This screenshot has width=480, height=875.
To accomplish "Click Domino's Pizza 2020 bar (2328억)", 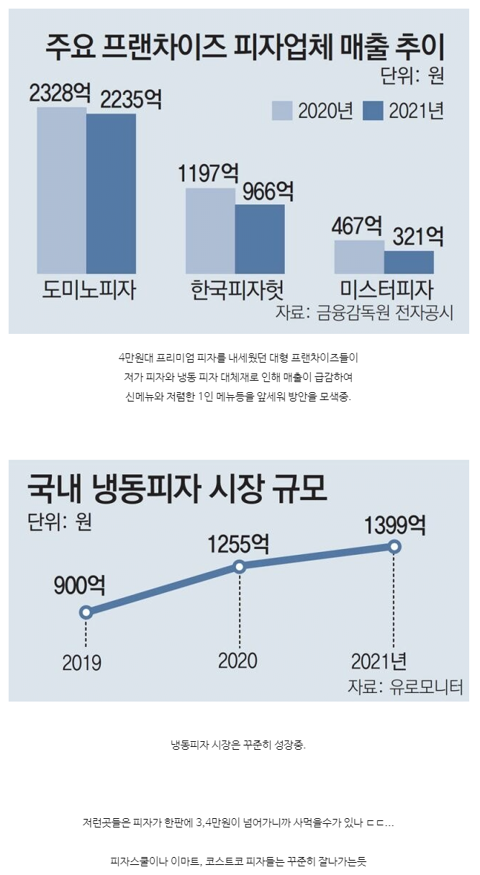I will coord(62,191).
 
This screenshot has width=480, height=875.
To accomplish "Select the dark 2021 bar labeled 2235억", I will coord(111,194).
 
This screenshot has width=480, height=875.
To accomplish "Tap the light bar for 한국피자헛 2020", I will coord(210,231).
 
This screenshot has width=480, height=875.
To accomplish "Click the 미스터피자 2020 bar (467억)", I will coord(359,257).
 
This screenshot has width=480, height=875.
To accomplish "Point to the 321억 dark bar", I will coord(409,262).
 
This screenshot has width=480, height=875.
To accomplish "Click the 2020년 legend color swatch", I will coord(281,110).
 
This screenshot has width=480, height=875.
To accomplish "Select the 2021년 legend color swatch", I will coord(373,110).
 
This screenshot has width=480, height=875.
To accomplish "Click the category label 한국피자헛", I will coord(237,291).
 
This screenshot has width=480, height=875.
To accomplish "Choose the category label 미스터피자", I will coord(386,291).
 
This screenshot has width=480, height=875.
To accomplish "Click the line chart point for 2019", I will coord(86,612).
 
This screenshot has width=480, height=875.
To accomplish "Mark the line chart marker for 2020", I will coord(240,566).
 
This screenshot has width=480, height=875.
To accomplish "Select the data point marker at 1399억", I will coord(394,547).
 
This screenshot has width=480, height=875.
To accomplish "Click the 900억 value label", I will coord(79,586).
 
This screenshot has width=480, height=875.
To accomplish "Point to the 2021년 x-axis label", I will coord(379,661).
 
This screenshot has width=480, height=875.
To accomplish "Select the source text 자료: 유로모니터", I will coord(405,686).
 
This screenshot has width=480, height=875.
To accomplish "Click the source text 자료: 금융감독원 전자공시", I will coord(364,314).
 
